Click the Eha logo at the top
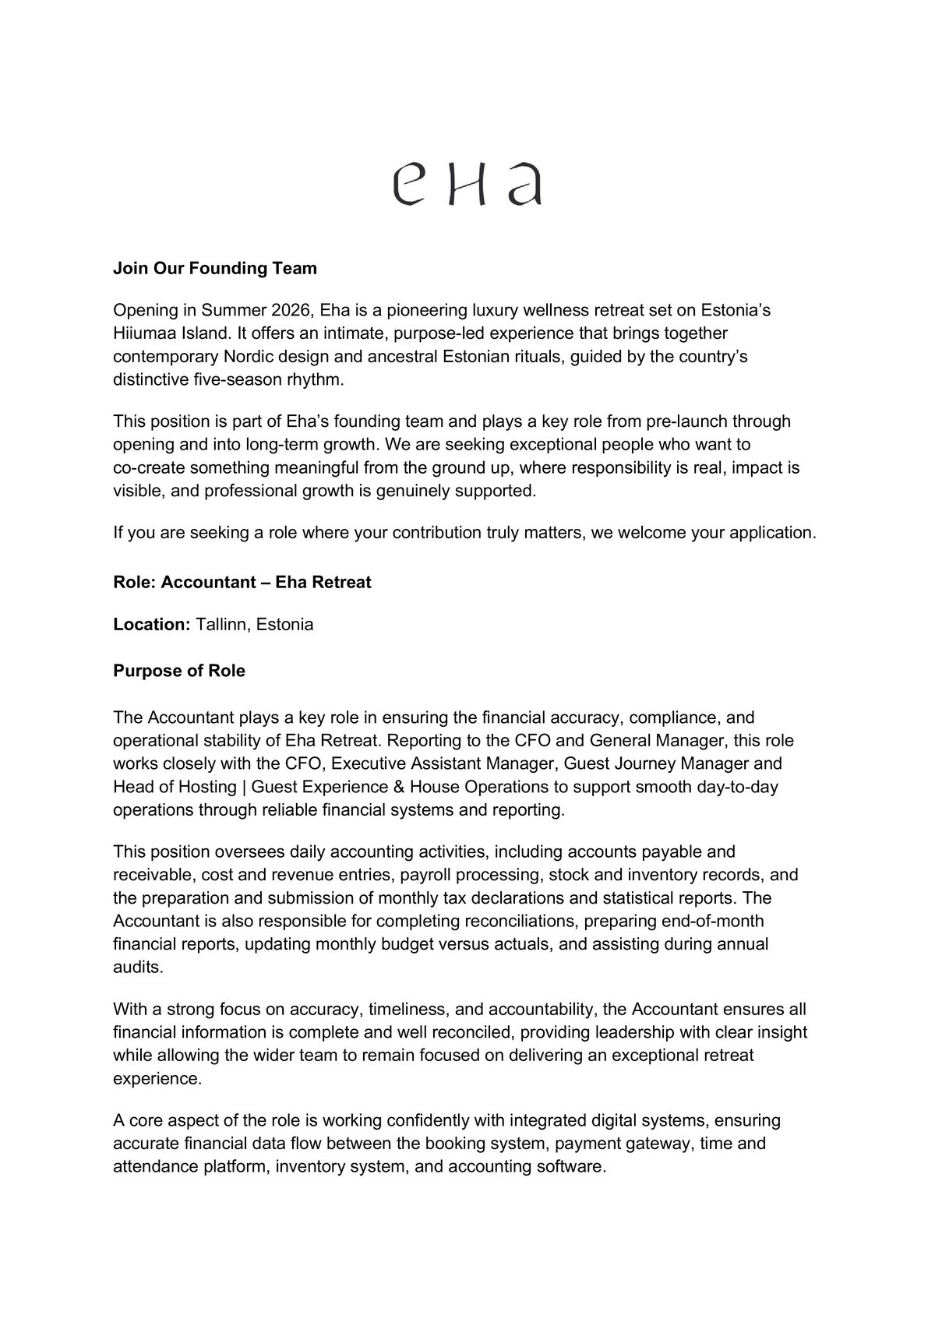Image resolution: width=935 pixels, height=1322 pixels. pyautogui.click(x=467, y=184)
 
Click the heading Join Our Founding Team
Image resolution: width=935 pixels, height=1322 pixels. pyautogui.click(x=215, y=269)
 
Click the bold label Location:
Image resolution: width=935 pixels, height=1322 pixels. pyautogui.click(x=152, y=625)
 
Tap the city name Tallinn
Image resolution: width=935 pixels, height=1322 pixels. pyautogui.click(x=221, y=625)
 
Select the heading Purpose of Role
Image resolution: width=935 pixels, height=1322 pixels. pyautogui.click(x=179, y=672)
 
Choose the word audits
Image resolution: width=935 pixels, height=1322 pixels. pyautogui.click(x=138, y=968)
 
